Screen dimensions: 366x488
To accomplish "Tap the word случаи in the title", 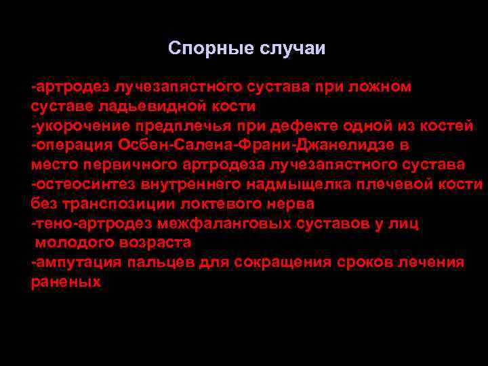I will click(x=292, y=49).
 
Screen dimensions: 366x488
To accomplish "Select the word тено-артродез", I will click(x=82, y=223).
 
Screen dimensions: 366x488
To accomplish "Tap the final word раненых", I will click(x=66, y=281).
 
